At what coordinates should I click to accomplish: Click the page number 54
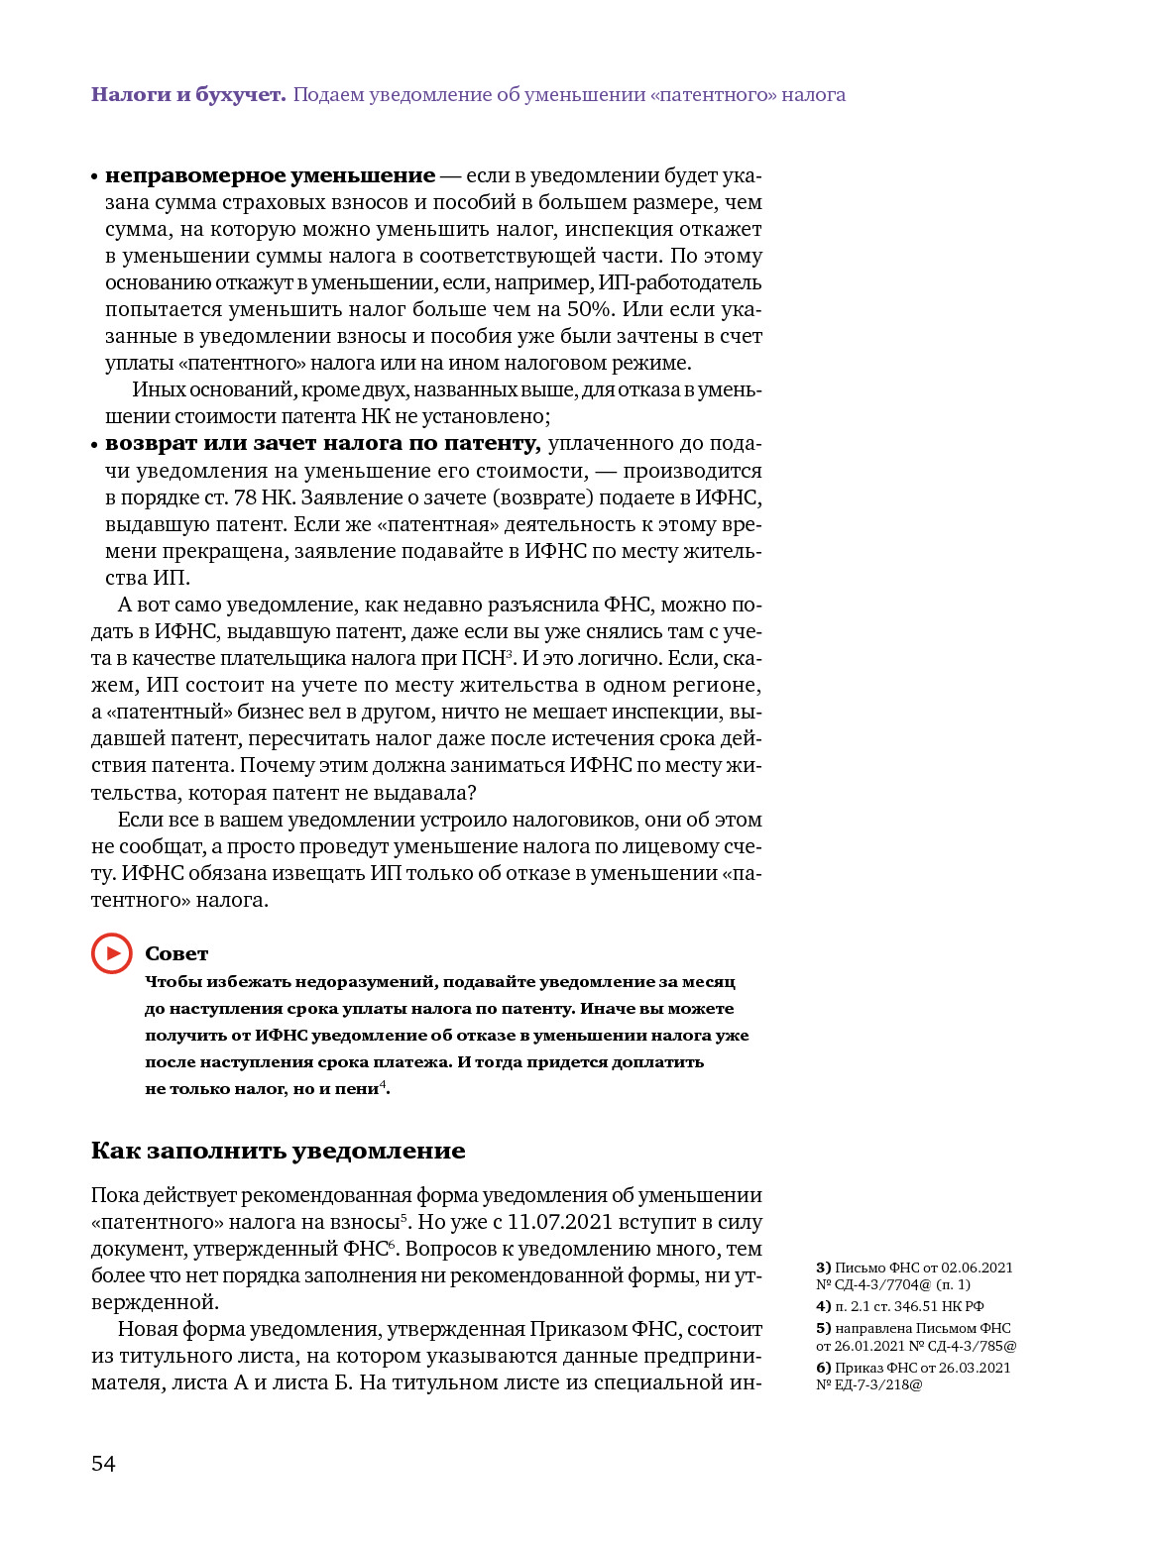[x=103, y=1464]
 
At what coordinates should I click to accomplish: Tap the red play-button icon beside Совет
[x=112, y=953]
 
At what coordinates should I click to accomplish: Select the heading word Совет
[x=176, y=953]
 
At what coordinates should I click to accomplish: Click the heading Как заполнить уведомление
[x=278, y=1151]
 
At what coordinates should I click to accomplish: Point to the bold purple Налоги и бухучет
[x=188, y=95]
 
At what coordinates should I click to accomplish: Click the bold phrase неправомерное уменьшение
[x=270, y=175]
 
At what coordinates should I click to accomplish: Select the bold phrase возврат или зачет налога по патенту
[x=322, y=443]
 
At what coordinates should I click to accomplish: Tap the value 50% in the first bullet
[x=589, y=309]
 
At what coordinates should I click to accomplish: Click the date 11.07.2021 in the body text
[x=559, y=1222]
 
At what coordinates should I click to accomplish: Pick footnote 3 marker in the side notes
[x=823, y=1268]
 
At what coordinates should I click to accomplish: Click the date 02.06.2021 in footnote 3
[x=977, y=1268]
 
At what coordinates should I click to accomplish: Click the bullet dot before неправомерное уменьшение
[x=95, y=177]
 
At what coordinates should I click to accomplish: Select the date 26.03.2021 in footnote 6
[x=975, y=1368]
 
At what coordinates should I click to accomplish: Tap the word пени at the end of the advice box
[x=357, y=1088]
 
